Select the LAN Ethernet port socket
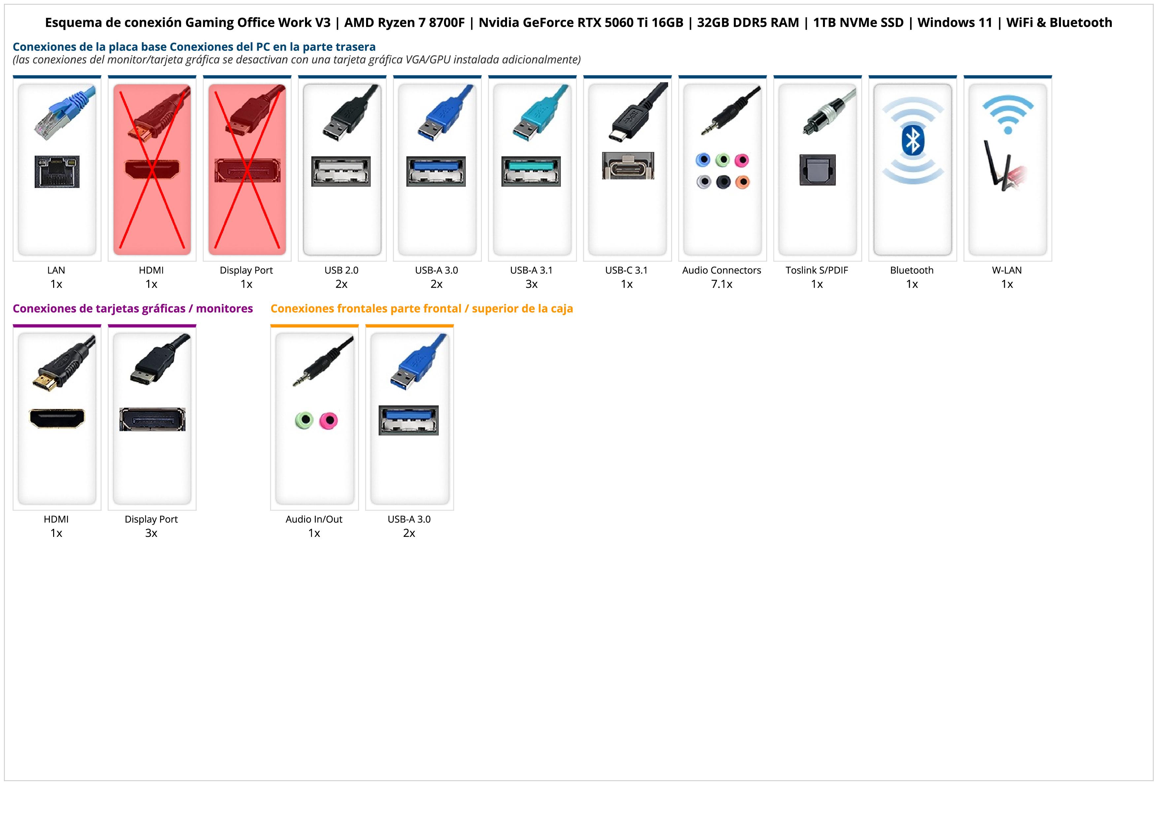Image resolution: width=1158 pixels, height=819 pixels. point(57,171)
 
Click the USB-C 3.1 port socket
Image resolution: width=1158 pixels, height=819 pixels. point(628,166)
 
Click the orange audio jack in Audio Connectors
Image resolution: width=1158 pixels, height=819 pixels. point(742,182)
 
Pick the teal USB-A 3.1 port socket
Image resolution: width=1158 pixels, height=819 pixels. point(531,171)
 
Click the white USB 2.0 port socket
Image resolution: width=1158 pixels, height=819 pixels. point(341,171)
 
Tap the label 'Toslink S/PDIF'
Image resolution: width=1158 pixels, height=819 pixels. point(817,270)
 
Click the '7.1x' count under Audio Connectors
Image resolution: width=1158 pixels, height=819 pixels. point(722,284)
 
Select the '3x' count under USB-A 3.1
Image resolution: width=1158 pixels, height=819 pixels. point(531,284)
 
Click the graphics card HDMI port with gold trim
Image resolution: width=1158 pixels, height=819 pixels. point(57,418)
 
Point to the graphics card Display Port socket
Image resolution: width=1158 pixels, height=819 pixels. point(152,419)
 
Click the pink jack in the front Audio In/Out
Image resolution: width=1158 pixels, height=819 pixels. point(329,420)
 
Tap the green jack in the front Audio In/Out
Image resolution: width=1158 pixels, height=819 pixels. point(304,420)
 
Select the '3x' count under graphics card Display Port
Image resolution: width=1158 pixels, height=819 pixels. point(151,533)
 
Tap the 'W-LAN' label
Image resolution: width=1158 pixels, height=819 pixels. point(1007,270)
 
